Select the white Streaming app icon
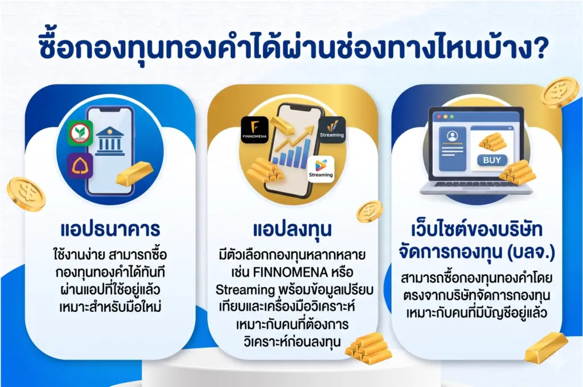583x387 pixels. [x=321, y=168]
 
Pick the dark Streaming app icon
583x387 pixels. [x=331, y=129]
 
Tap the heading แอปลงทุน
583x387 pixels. [x=291, y=230]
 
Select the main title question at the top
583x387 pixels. [x=291, y=48]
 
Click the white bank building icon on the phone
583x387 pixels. [x=110, y=140]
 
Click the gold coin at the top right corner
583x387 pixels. [x=559, y=93]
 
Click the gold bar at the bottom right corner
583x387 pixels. [x=546, y=347]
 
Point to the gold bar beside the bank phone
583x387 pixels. [x=135, y=174]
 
